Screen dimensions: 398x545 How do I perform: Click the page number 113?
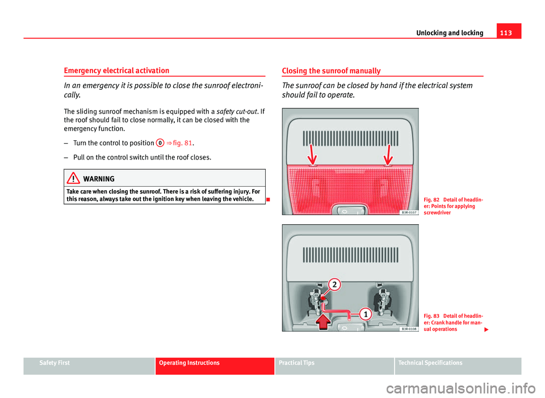(511, 32)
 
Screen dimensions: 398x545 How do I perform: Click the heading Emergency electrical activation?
(116, 71)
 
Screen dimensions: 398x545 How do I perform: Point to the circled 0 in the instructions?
(160, 143)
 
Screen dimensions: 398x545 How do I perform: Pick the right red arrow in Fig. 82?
(388, 154)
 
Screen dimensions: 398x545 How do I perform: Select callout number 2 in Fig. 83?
(334, 284)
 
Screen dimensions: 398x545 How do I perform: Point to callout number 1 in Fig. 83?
(366, 313)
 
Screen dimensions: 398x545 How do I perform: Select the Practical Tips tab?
(297, 363)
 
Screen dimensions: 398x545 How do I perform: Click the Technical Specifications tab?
(430, 363)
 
